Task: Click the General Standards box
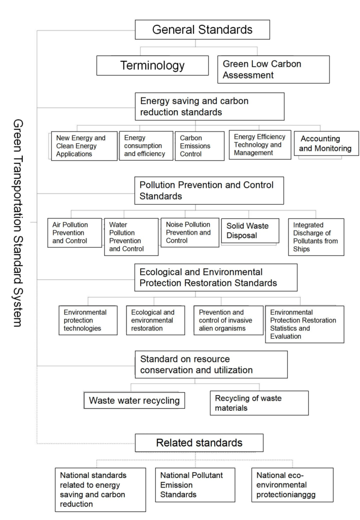coord(202,29)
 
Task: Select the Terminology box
coord(152,66)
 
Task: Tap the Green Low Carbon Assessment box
coord(274,69)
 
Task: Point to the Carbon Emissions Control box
coord(200,146)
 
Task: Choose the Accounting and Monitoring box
coord(326,143)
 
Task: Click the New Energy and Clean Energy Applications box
coord(84,146)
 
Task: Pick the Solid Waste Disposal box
coord(250,231)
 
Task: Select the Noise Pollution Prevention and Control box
coord(190,233)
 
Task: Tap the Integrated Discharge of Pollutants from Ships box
coord(316,237)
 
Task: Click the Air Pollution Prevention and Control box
coord(75,233)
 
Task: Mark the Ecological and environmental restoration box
coord(155,320)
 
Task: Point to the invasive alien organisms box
coord(228,320)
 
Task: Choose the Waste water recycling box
coord(134,400)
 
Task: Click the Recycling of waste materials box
coord(259,403)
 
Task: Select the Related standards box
coord(199,443)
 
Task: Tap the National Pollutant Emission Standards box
coord(195,485)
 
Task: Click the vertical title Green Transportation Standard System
coord(18,223)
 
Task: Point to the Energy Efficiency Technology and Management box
coord(260,145)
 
